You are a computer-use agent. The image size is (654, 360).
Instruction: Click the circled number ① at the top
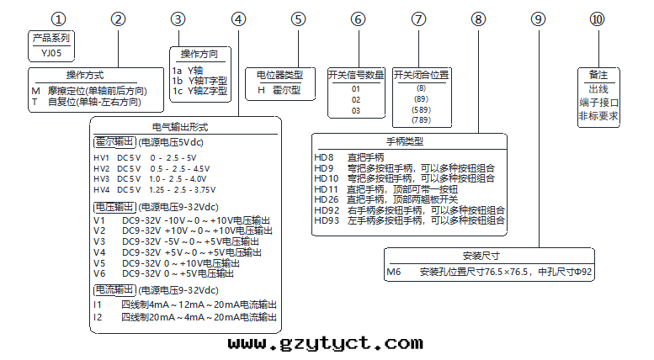[58, 19]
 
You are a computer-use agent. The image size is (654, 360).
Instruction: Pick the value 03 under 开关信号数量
[356, 110]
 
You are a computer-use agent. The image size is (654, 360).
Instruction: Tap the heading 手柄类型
[409, 140]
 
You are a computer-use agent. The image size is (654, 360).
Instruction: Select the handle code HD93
[326, 220]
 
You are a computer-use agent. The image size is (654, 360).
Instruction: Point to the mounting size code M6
[394, 272]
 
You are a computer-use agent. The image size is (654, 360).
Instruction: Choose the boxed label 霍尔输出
[114, 141]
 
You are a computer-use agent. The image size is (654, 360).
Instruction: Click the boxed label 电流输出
[114, 289]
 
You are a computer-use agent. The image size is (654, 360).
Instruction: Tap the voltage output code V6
[99, 273]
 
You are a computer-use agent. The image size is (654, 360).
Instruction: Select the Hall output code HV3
[101, 178]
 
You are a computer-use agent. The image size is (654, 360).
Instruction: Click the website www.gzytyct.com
[325, 343]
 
